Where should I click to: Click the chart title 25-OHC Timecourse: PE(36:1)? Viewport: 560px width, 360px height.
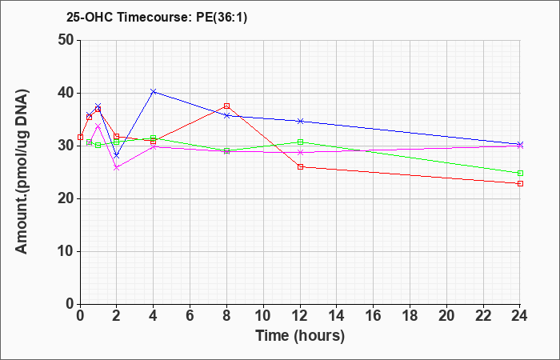[157, 17]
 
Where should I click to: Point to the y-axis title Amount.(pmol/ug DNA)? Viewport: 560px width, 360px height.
[22, 171]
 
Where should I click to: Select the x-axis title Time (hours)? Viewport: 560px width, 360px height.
[300, 336]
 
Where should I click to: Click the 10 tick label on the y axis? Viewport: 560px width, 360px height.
[66, 251]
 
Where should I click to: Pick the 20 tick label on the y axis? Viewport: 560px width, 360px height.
[66, 199]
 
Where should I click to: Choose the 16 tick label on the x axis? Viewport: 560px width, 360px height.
[374, 316]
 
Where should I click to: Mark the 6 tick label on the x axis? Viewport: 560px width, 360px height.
[190, 316]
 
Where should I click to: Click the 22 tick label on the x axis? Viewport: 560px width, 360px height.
[483, 316]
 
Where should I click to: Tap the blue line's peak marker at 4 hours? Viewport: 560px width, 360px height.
[154, 91]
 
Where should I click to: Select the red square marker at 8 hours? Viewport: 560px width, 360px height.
[226, 106]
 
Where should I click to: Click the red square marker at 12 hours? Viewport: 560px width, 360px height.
[300, 166]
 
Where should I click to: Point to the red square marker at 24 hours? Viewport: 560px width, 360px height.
[520, 183]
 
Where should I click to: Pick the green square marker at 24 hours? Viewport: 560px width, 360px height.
[520, 174]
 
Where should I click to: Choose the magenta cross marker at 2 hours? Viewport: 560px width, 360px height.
[117, 167]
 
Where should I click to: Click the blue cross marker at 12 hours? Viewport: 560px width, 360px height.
[300, 121]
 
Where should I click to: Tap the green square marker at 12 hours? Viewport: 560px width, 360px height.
[300, 142]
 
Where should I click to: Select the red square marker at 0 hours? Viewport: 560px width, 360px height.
[80, 137]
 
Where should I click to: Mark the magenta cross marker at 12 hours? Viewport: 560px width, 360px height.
[300, 153]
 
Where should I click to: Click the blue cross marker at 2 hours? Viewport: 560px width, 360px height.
[117, 156]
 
